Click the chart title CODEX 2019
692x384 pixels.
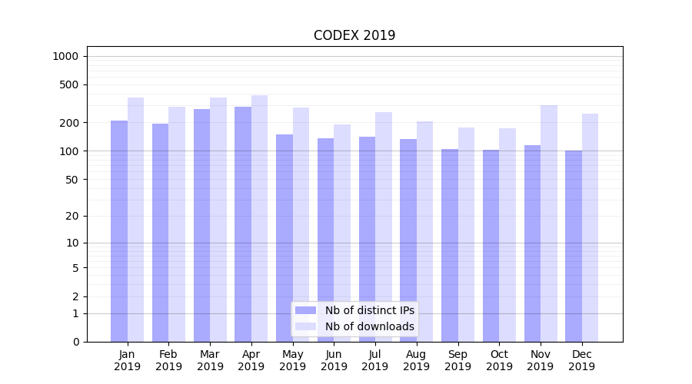click(354, 35)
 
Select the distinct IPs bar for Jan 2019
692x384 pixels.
click(119, 230)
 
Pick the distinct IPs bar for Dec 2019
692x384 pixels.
click(574, 246)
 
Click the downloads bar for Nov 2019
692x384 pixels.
click(549, 223)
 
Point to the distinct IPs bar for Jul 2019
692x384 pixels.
click(367, 239)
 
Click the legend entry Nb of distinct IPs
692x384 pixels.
click(370, 310)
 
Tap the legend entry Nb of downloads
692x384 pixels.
click(370, 326)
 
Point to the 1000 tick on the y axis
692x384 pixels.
click(65, 56)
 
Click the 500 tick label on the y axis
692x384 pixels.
click(68, 84)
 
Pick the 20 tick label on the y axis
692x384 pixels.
click(72, 216)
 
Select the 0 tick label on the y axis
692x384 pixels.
click(75, 342)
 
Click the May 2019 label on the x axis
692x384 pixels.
click(293, 360)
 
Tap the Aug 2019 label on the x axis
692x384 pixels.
click(417, 360)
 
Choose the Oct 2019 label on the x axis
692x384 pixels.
click(499, 360)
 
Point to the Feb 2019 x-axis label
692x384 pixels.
click(168, 360)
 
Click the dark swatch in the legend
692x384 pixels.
click(306, 310)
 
